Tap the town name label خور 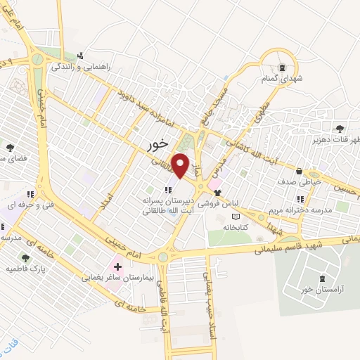pos(159,143)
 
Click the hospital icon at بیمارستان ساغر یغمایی pos(117,266)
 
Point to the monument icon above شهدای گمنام pos(281,67)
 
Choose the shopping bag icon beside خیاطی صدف pos(300,171)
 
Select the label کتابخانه pos(237,227)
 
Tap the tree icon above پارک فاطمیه pos(25,258)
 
